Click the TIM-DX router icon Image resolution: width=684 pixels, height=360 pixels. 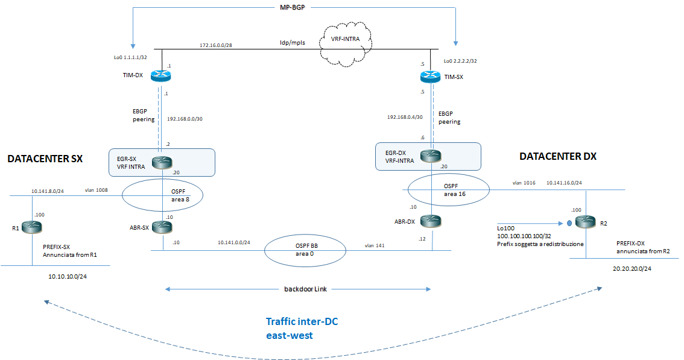coord(162,77)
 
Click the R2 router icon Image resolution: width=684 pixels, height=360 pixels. coord(584,222)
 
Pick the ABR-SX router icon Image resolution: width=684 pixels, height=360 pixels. coord(162,227)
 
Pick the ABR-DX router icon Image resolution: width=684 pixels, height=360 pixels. coord(432,221)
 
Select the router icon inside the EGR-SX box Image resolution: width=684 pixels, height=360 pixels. coord(162,162)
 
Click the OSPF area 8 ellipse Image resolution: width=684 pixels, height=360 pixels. coord(162,194)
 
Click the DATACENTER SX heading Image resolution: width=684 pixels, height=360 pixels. coord(45,159)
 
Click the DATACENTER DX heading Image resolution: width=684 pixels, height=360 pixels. coord(557,156)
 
